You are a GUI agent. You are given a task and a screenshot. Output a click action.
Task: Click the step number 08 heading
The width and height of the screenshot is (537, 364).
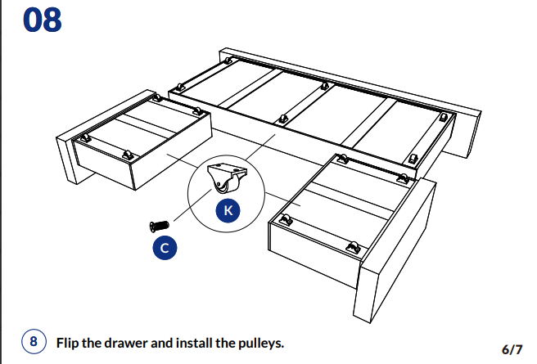(x=42, y=20)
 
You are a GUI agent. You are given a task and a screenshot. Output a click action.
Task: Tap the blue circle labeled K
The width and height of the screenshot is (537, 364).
(x=228, y=210)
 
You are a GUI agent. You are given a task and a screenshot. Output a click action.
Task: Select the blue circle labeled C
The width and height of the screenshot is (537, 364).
(x=165, y=247)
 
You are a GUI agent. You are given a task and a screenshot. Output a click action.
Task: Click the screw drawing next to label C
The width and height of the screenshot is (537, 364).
(x=159, y=224)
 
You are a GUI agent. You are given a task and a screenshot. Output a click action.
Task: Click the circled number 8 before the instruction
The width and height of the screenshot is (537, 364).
(x=33, y=342)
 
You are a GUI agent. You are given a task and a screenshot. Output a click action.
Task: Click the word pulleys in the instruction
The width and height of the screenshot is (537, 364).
(x=259, y=343)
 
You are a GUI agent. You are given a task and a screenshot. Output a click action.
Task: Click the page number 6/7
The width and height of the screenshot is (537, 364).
(x=512, y=348)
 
